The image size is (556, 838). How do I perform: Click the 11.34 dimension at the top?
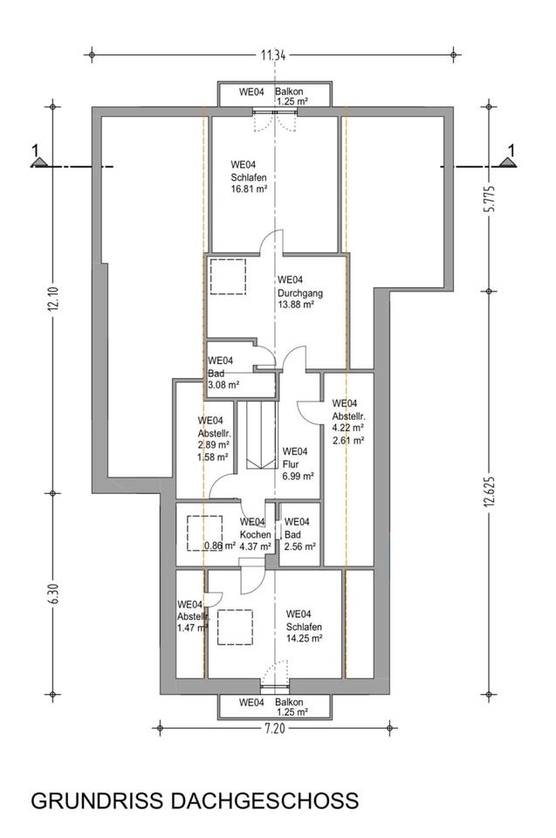pyautogui.click(x=273, y=54)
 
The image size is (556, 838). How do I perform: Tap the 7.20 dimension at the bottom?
pyautogui.click(x=274, y=728)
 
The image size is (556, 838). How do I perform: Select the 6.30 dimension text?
pyautogui.click(x=52, y=593)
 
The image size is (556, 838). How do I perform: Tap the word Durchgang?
pyautogui.click(x=300, y=293)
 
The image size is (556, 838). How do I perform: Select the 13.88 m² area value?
pyautogui.click(x=296, y=305)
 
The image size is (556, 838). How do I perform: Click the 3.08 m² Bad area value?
pyautogui.click(x=223, y=384)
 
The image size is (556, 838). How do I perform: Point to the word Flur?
pyautogui.click(x=291, y=464)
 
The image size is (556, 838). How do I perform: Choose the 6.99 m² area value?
pyautogui.click(x=298, y=477)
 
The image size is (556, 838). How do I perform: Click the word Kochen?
pyautogui.click(x=256, y=534)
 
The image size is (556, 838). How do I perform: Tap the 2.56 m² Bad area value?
pyautogui.click(x=300, y=546)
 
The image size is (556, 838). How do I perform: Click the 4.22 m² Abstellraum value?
pyautogui.click(x=348, y=428)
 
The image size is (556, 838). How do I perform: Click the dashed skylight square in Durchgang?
pyautogui.click(x=229, y=277)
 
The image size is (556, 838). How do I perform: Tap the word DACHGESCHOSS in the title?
pyautogui.click(x=264, y=801)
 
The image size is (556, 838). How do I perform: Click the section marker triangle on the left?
pyautogui.click(x=38, y=161)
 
